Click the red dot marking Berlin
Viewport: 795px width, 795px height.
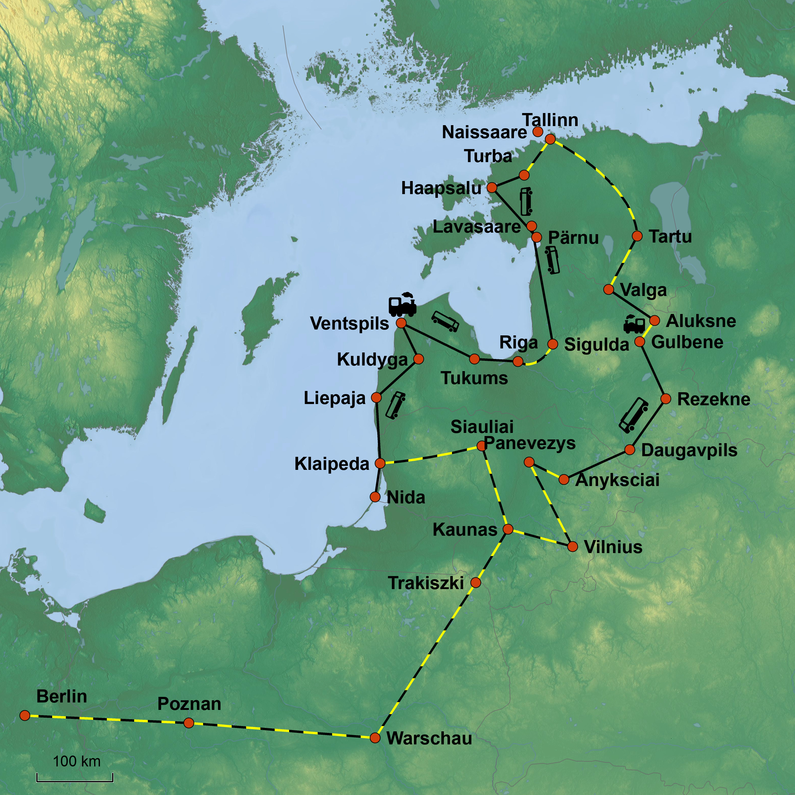pyautogui.click(x=25, y=715)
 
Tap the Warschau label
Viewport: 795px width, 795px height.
pyautogui.click(x=429, y=738)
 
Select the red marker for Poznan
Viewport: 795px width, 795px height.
pyautogui.click(x=189, y=723)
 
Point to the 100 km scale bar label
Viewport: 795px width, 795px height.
pyautogui.click(x=76, y=761)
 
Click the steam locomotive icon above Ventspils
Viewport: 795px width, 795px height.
pyautogui.click(x=402, y=305)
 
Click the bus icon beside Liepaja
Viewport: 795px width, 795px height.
pyautogui.click(x=395, y=405)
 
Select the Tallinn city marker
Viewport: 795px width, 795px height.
pyautogui.click(x=550, y=139)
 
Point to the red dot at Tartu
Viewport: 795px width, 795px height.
pyautogui.click(x=637, y=236)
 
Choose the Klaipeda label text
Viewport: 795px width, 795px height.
pyautogui.click(x=332, y=464)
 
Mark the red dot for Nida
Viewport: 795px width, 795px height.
pyautogui.click(x=375, y=497)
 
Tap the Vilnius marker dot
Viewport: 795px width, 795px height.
pyautogui.click(x=572, y=547)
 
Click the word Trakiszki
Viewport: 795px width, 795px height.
pyautogui.click(x=425, y=583)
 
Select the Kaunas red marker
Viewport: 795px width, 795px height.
pyautogui.click(x=508, y=529)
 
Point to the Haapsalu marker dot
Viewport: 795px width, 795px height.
pyautogui.click(x=492, y=188)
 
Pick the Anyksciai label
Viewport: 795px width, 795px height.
pyautogui.click(x=617, y=480)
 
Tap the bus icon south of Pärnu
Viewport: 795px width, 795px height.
pyautogui.click(x=552, y=260)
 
